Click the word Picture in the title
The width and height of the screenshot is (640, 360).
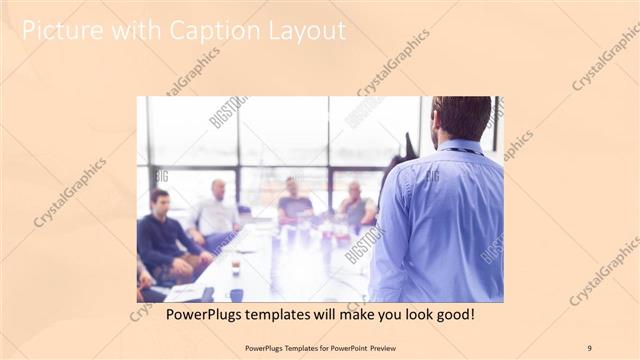pyautogui.click(x=62, y=31)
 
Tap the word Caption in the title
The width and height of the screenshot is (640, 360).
pyautogui.click(x=203, y=31)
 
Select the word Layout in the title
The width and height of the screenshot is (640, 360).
pyautogui.click(x=303, y=31)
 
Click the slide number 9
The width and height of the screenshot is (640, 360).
pyautogui.click(x=589, y=348)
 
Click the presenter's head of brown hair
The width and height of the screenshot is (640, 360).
pyautogui.click(x=461, y=115)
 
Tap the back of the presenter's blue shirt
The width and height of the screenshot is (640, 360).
pyautogui.click(x=440, y=220)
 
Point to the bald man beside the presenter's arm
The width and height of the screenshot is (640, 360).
pyautogui.click(x=355, y=205)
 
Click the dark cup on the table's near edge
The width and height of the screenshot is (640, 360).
pyautogui.click(x=236, y=294)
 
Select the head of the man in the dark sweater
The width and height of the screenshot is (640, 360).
pyautogui.click(x=160, y=199)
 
